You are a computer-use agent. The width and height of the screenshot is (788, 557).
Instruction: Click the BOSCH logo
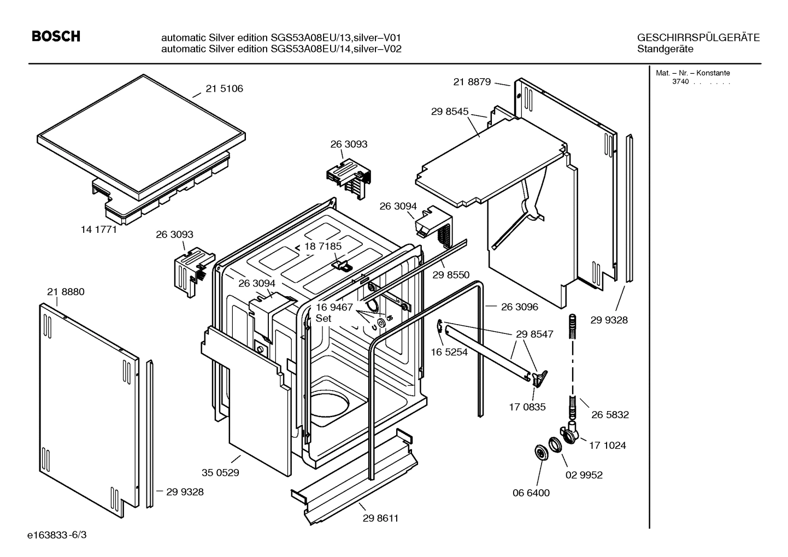(x=56, y=37)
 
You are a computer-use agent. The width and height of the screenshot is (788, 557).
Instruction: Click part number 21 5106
(x=224, y=89)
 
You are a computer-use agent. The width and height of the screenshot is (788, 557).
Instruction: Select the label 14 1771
(x=99, y=230)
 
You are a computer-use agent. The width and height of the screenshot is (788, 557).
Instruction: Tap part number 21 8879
(x=472, y=81)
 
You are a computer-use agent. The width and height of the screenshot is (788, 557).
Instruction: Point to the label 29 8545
(x=450, y=111)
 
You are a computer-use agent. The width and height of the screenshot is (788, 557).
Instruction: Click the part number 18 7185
(x=323, y=246)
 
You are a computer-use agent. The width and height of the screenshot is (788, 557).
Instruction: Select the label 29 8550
(x=451, y=275)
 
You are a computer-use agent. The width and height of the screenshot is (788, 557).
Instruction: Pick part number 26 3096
(x=519, y=307)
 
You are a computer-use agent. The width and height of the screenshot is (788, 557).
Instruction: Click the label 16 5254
(x=449, y=352)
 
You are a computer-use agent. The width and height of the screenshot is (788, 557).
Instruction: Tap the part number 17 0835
(x=527, y=407)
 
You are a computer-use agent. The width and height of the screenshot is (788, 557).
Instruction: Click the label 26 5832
(x=610, y=414)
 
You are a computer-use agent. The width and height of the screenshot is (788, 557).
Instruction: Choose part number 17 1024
(x=607, y=445)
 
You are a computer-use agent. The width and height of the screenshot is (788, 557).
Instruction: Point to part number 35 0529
(x=220, y=472)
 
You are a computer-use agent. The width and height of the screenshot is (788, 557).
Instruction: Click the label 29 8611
(x=380, y=518)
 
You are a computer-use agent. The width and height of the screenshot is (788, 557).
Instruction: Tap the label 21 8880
(x=66, y=292)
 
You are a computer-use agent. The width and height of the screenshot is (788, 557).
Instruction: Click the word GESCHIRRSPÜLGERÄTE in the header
(x=698, y=38)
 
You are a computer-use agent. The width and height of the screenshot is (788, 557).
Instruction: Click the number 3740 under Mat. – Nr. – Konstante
(x=680, y=81)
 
